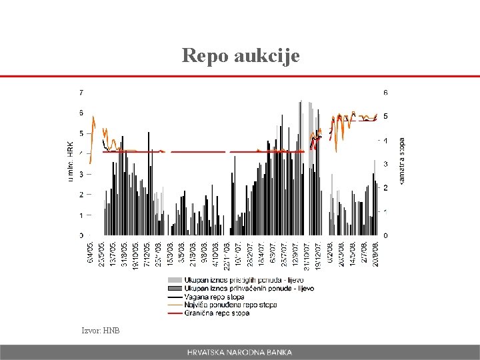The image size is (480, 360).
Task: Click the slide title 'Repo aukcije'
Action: point(240,55)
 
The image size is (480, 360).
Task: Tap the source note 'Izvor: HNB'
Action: point(101,330)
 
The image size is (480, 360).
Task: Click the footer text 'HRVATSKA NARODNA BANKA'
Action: point(239,352)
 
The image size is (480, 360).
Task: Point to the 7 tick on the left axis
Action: point(81,92)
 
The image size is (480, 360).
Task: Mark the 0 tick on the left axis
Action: point(81,235)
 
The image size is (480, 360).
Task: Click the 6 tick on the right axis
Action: point(385,92)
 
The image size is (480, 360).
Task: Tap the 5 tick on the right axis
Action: point(385,116)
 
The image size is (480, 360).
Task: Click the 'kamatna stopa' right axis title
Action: point(401,161)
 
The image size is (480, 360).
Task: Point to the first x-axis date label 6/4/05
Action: point(91,252)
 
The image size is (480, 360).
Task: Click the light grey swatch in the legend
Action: point(175,280)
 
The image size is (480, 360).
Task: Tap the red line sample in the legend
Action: point(175,313)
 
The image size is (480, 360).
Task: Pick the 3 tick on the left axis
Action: point(81,174)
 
